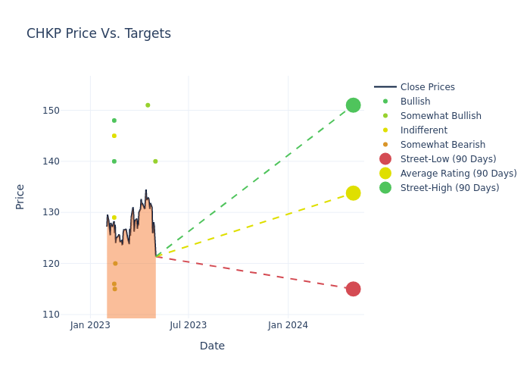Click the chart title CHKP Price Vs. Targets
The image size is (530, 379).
pos(98,33)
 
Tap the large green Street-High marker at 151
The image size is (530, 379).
pos(353,105)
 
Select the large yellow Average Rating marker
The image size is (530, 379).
pos(353,193)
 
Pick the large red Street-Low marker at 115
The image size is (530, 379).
pos(353,289)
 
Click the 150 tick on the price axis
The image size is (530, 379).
pos(71,111)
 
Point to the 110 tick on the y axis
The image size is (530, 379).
pos(71,315)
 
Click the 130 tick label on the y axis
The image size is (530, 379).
pos(71,212)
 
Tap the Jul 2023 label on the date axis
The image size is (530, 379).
pos(189,325)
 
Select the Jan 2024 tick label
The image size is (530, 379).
pos(288,325)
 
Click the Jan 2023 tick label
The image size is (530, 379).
pos(90,325)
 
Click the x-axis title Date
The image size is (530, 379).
pos(212,346)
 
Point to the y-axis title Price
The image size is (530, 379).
pos(20,196)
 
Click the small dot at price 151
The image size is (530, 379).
pos(148,105)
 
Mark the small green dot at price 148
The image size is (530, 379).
pos(114,121)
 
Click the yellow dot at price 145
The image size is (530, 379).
pos(114,136)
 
